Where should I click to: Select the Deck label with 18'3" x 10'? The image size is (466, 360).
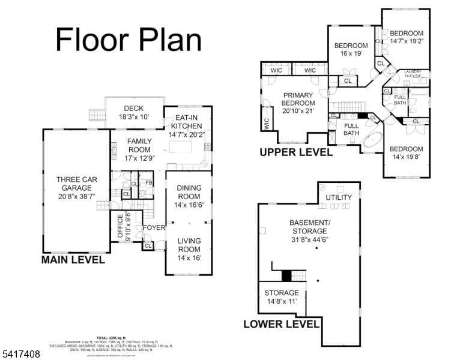(133, 113)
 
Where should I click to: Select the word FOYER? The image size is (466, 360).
(153, 228)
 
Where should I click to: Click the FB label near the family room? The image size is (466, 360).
(148, 183)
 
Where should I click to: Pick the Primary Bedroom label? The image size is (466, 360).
(298, 103)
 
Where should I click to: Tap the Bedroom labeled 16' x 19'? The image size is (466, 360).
(351, 49)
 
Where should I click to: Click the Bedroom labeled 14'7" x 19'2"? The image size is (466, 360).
(407, 38)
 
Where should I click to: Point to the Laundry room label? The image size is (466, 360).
(413, 74)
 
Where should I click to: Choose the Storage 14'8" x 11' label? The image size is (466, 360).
(282, 297)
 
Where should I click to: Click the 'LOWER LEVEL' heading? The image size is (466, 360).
(281, 324)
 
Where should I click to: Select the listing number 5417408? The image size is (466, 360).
(20, 355)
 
